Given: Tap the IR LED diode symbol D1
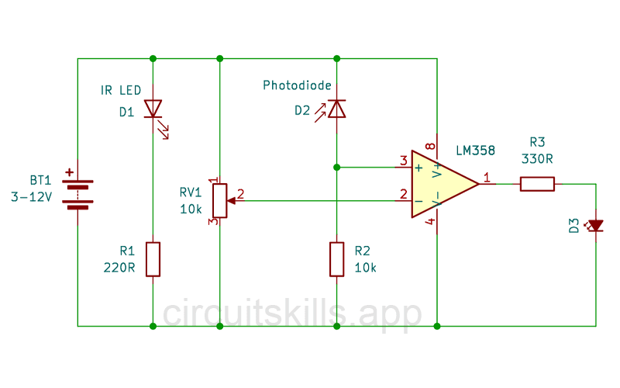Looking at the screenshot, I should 153,109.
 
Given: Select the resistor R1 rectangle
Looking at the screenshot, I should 153,259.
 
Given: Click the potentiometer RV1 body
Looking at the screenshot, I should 220,200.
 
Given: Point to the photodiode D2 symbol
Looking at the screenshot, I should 336,109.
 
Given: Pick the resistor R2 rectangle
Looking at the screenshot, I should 336,259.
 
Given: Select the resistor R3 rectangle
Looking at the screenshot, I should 537,184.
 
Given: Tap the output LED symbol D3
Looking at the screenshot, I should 595,226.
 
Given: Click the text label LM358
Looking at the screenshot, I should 476,150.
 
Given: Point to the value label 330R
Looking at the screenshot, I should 537,158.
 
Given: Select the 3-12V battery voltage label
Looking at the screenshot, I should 31,197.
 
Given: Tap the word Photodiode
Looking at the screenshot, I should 298,85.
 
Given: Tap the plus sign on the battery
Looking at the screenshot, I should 70,173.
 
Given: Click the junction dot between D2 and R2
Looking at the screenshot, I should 336,167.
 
